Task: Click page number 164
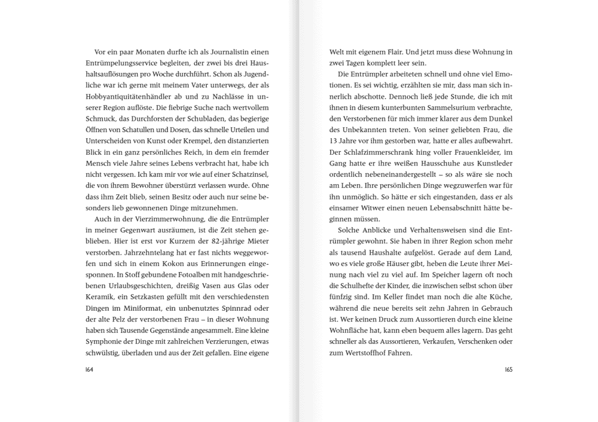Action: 91,369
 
